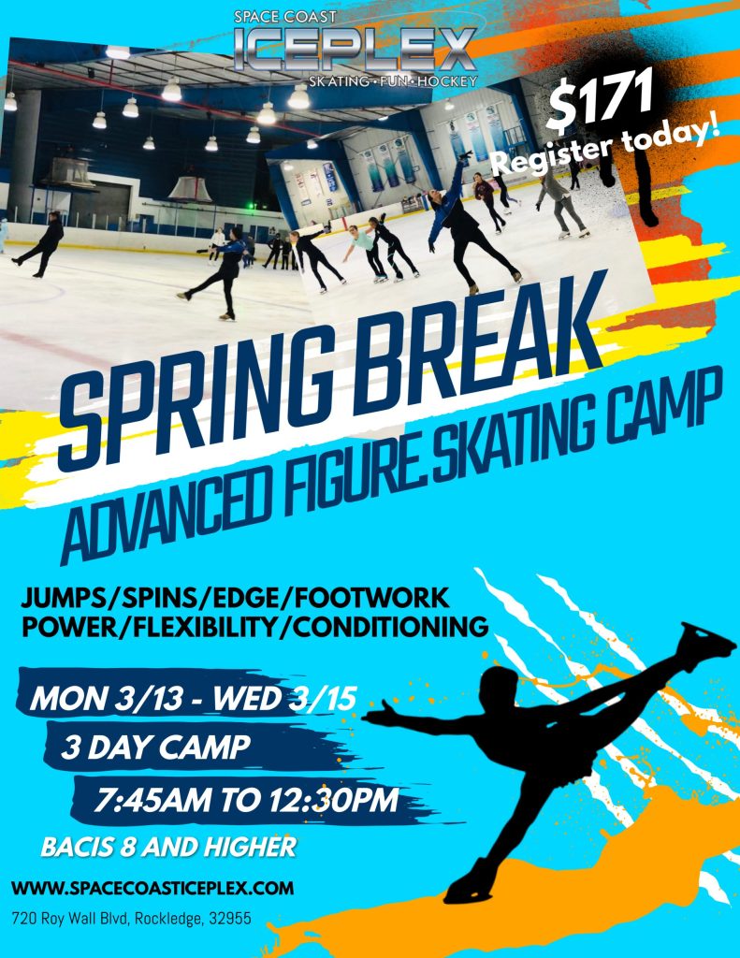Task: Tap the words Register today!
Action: click(607, 145)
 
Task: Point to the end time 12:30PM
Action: click(333, 801)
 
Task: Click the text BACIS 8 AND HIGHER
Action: click(168, 848)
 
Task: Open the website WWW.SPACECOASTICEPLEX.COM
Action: click(152, 887)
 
